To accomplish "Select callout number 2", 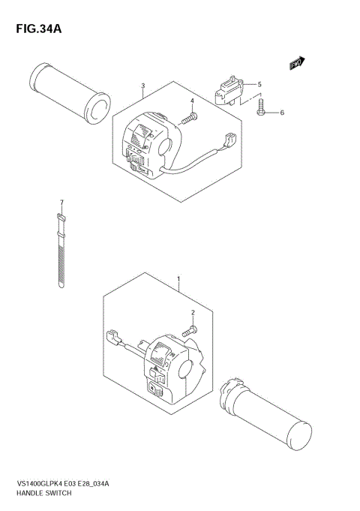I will coord(193,313).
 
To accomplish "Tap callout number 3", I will coord(142,86).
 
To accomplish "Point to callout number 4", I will coord(192,101).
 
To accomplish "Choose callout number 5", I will coord(259,84).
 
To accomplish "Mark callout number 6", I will coord(282,113).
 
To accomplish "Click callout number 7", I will coord(62,203).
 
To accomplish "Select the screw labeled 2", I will coord(190,329).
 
